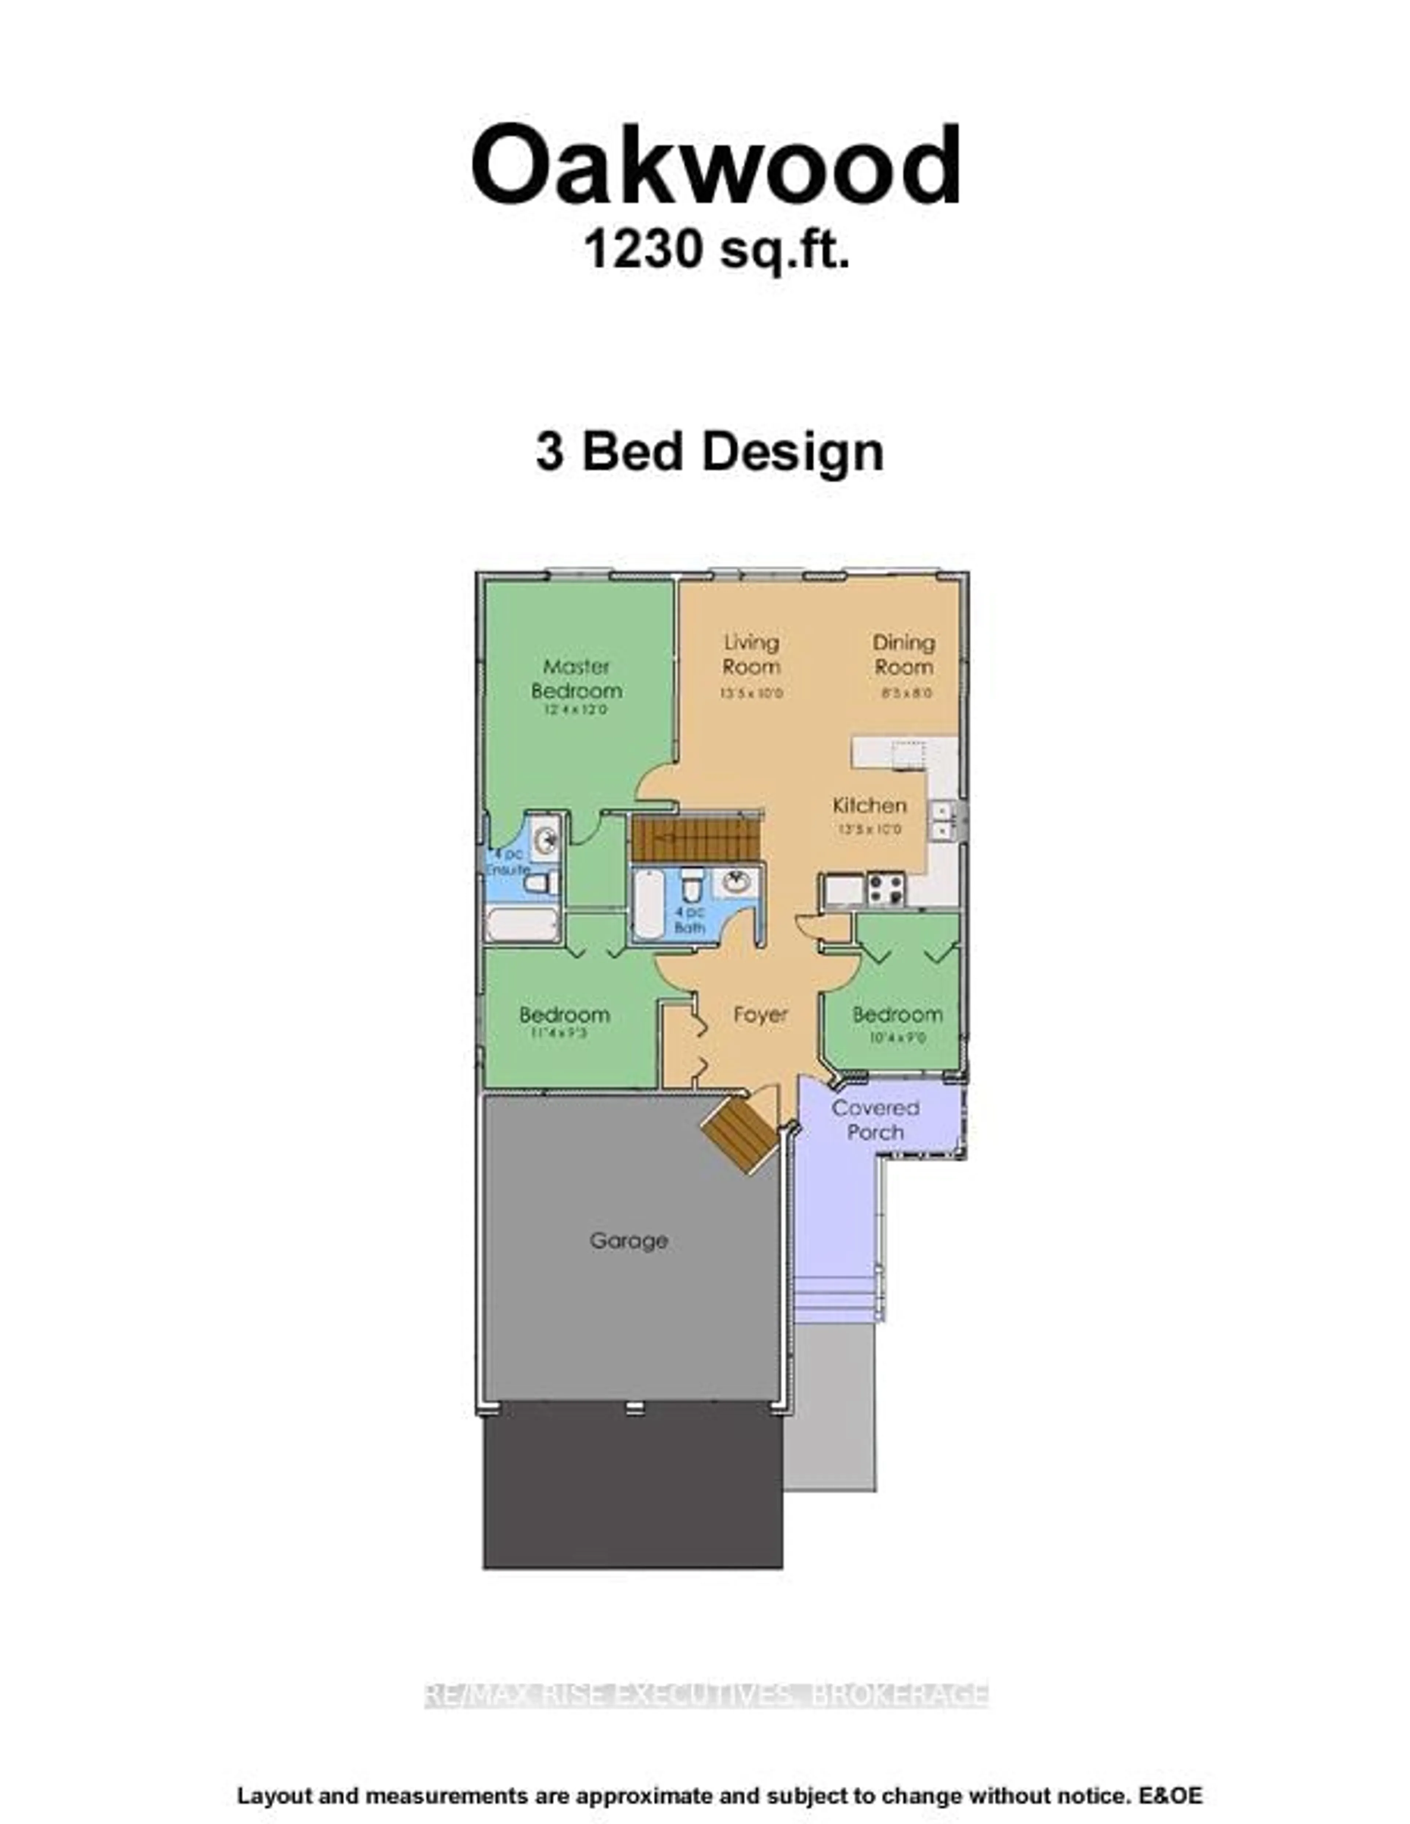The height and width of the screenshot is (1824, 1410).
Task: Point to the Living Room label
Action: tap(751, 655)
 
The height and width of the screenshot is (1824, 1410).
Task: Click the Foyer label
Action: tap(760, 1015)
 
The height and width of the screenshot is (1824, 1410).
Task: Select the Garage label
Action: tap(628, 1263)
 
